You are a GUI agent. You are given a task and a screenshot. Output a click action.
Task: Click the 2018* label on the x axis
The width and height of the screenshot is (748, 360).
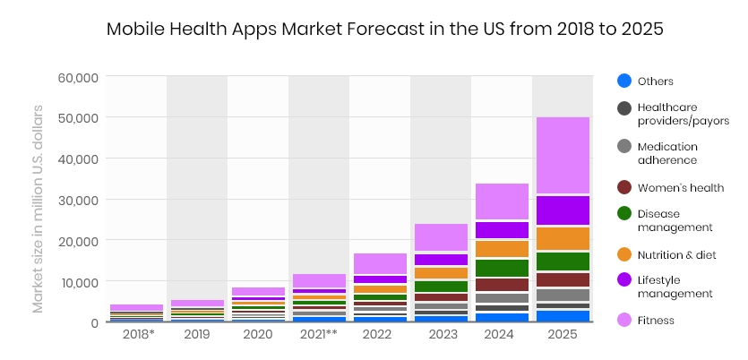(x=136, y=334)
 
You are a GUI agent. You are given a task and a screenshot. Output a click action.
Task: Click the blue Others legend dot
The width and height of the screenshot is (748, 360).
(x=624, y=81)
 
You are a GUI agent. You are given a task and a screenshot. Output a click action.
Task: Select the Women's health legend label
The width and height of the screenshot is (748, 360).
(x=681, y=188)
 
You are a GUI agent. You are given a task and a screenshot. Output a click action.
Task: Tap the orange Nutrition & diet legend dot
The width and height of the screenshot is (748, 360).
(x=624, y=255)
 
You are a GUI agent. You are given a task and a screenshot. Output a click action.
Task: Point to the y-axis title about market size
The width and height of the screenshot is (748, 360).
(x=38, y=209)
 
